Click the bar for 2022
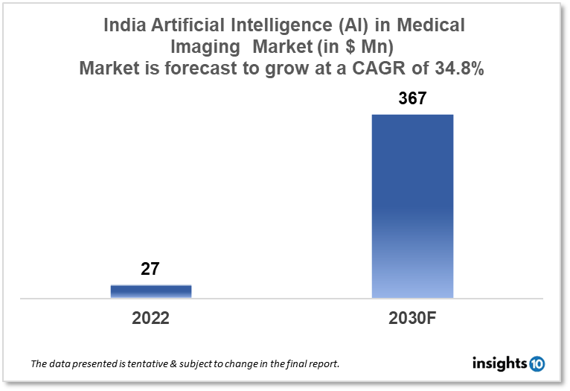(x=151, y=291)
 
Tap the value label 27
(x=150, y=269)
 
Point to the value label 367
(x=412, y=98)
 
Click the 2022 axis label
(x=151, y=318)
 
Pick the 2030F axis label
(x=412, y=318)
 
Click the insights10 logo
(x=508, y=363)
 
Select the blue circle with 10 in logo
(x=537, y=363)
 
